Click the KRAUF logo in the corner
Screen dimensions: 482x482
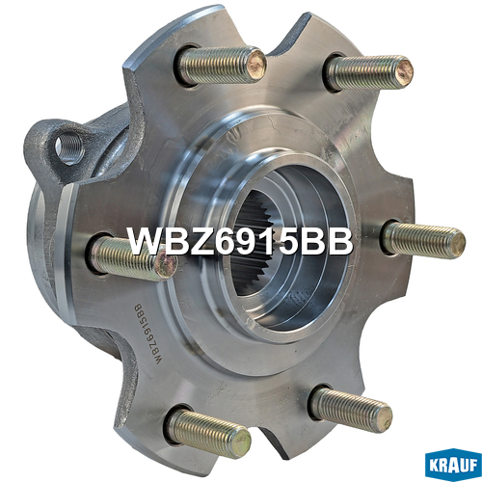[453, 466]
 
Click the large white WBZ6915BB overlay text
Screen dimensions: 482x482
[240, 242]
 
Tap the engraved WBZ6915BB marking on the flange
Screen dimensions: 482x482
[148, 335]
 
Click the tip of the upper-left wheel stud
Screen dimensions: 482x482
[257, 65]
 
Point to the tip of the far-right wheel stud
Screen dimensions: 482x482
[456, 243]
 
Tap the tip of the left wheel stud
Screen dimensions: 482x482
[166, 264]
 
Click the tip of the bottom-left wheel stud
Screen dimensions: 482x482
[242, 442]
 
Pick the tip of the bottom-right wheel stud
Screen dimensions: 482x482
[384, 417]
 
